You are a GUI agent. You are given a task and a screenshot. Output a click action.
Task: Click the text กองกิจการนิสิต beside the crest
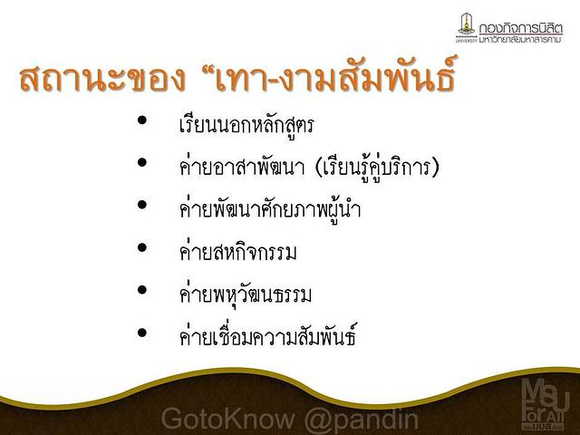(x=520, y=28)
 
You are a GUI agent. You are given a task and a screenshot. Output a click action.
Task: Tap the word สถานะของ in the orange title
(x=102, y=79)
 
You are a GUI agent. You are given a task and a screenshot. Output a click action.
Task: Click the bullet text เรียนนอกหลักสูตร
(x=246, y=124)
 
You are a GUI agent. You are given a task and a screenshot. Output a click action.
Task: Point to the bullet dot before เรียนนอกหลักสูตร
(x=142, y=120)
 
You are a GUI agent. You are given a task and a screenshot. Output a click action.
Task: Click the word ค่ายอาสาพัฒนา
(x=242, y=167)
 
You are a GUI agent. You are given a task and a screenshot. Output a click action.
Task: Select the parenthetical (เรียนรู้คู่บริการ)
(x=377, y=168)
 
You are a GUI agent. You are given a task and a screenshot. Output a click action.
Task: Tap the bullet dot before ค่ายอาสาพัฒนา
(x=142, y=162)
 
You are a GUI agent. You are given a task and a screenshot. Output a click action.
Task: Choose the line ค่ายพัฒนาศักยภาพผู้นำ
(x=270, y=209)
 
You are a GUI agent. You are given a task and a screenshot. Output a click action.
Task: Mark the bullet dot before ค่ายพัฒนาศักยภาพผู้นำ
(x=142, y=205)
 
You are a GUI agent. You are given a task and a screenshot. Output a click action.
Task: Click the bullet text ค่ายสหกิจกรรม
(x=237, y=252)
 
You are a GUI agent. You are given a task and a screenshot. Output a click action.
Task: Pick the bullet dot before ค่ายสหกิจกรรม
(x=142, y=247)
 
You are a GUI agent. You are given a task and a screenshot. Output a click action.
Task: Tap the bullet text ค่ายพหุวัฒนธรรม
(x=246, y=295)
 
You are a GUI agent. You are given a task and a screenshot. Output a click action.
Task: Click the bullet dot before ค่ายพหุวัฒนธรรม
(x=142, y=290)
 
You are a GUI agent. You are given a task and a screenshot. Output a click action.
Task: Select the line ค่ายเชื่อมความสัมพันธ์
(x=268, y=334)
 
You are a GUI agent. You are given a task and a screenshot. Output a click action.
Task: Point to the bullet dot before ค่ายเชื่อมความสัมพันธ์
(x=142, y=333)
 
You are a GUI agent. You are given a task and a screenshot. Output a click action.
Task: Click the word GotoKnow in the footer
(x=227, y=419)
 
